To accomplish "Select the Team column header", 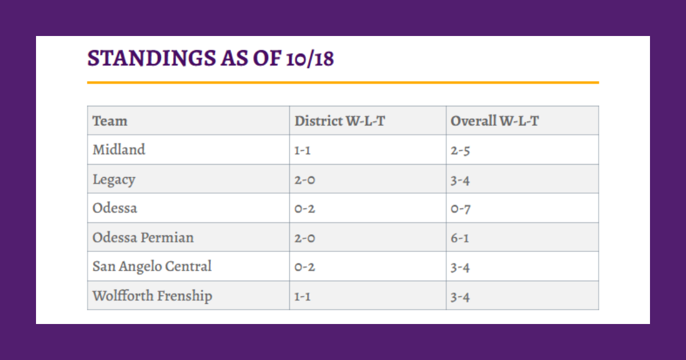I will click(110, 121).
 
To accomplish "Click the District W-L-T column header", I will click(340, 121).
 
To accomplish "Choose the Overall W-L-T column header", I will click(494, 121).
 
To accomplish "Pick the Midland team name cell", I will click(119, 150).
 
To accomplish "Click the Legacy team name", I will click(114, 179).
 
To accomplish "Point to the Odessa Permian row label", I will click(143, 237).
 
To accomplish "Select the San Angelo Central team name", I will click(152, 266).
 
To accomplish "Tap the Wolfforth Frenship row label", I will click(152, 296).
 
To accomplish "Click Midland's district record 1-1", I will click(302, 151).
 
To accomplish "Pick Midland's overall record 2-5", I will click(460, 151).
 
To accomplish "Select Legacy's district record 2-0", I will click(305, 180).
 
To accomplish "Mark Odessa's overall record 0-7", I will click(460, 209).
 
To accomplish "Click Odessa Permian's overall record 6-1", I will click(460, 238).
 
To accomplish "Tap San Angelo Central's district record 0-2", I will click(305, 267).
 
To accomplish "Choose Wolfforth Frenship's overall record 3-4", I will click(460, 297).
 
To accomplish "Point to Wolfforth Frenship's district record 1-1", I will click(302, 297).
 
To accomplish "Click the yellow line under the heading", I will click(343, 83).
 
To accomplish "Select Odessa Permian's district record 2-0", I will click(305, 238).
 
